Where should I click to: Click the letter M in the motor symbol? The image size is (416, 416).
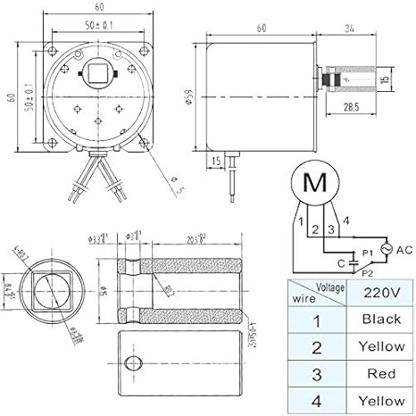(x=316, y=183)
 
